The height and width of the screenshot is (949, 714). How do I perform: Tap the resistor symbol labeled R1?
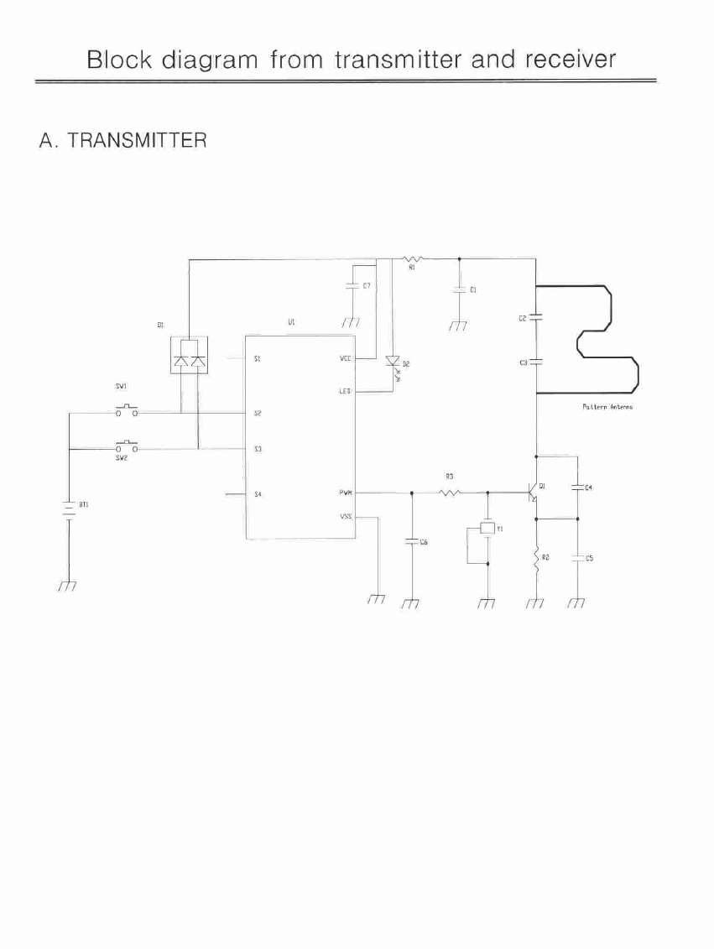pyautogui.click(x=412, y=258)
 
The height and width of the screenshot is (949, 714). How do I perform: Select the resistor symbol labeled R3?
pyautogui.click(x=449, y=493)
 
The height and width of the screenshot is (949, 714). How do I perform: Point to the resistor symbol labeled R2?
pyautogui.click(x=536, y=560)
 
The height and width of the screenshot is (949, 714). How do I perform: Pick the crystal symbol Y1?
pyautogui.click(x=487, y=529)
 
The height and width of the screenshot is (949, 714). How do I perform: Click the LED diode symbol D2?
pyautogui.click(x=392, y=363)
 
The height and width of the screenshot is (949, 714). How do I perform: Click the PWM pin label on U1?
pyautogui.click(x=346, y=493)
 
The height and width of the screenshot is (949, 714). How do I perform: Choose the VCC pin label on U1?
pyautogui.click(x=346, y=358)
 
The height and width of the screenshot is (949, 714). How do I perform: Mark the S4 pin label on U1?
pyautogui.click(x=258, y=494)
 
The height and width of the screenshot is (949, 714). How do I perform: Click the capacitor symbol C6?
pyautogui.click(x=411, y=542)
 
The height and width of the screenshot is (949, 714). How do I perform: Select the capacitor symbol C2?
pyautogui.click(x=536, y=318)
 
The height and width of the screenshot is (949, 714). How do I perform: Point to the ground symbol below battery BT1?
pyautogui.click(x=68, y=586)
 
